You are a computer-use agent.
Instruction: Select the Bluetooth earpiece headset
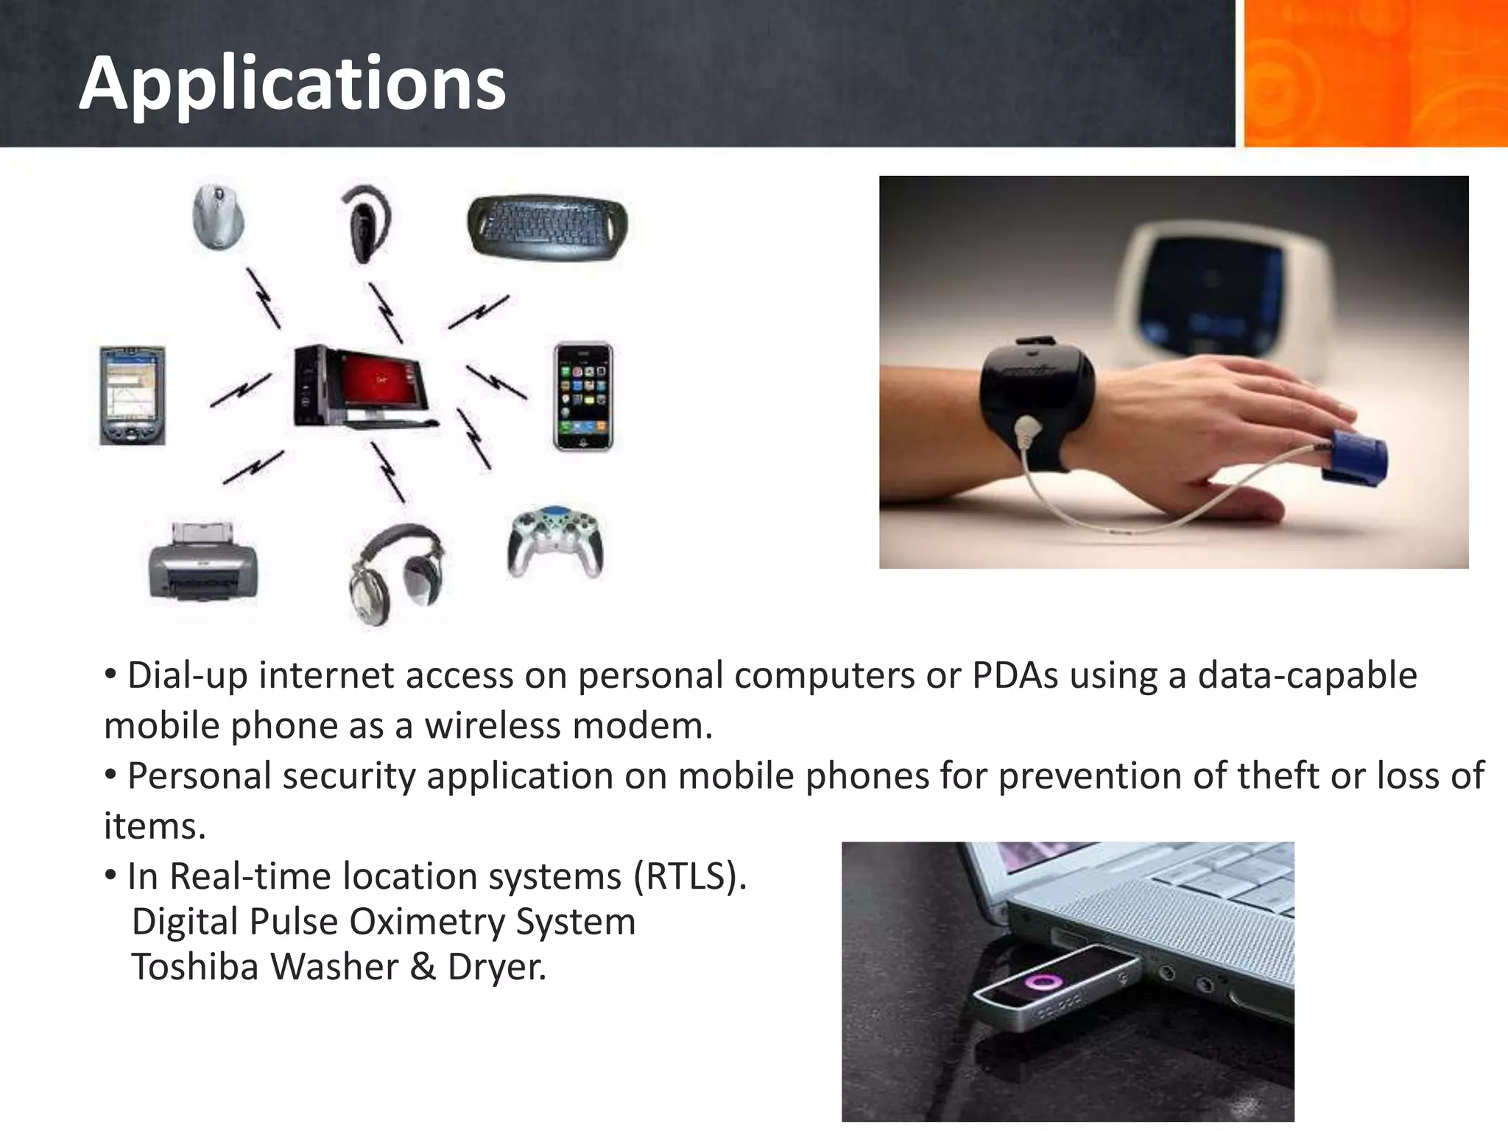coord(365,225)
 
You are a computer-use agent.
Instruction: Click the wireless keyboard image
coord(547,226)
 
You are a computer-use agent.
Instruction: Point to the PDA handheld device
coord(133,395)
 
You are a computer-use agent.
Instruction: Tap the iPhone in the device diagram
coord(582,396)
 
